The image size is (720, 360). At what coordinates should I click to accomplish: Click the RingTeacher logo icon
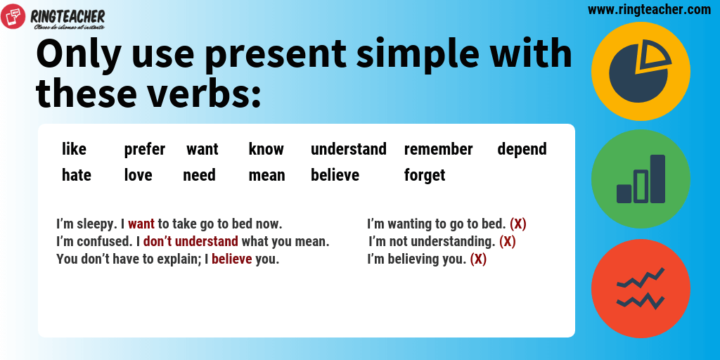pos(13,16)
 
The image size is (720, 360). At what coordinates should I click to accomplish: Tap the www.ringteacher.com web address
pos(649,9)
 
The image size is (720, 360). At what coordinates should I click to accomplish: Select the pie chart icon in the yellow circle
pos(641,72)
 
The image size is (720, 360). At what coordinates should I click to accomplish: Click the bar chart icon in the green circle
pos(641,179)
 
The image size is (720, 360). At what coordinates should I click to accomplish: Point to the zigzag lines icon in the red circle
pos(641,288)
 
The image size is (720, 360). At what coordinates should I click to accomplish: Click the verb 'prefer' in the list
pos(145,150)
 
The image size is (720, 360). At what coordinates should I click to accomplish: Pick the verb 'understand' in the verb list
pos(349,149)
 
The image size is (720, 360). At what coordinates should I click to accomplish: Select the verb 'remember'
pos(439,149)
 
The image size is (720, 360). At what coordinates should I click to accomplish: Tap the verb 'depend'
pos(522,150)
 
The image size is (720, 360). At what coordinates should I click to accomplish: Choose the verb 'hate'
pos(77,175)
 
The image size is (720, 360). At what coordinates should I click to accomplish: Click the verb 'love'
pos(139,175)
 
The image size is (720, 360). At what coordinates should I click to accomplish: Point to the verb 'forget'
pos(425,175)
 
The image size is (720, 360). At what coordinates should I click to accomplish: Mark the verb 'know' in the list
pos(266,149)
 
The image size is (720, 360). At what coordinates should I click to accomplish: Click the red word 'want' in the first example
pos(141,224)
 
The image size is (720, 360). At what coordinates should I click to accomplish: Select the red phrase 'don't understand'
pos(191,241)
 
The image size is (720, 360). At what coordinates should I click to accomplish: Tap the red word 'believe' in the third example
pos(232,259)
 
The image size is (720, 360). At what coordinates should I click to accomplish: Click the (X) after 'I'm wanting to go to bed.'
pos(518,224)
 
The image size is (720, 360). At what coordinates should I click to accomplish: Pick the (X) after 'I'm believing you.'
pos(478,259)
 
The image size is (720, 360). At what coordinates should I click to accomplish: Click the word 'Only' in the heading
pos(79,55)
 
